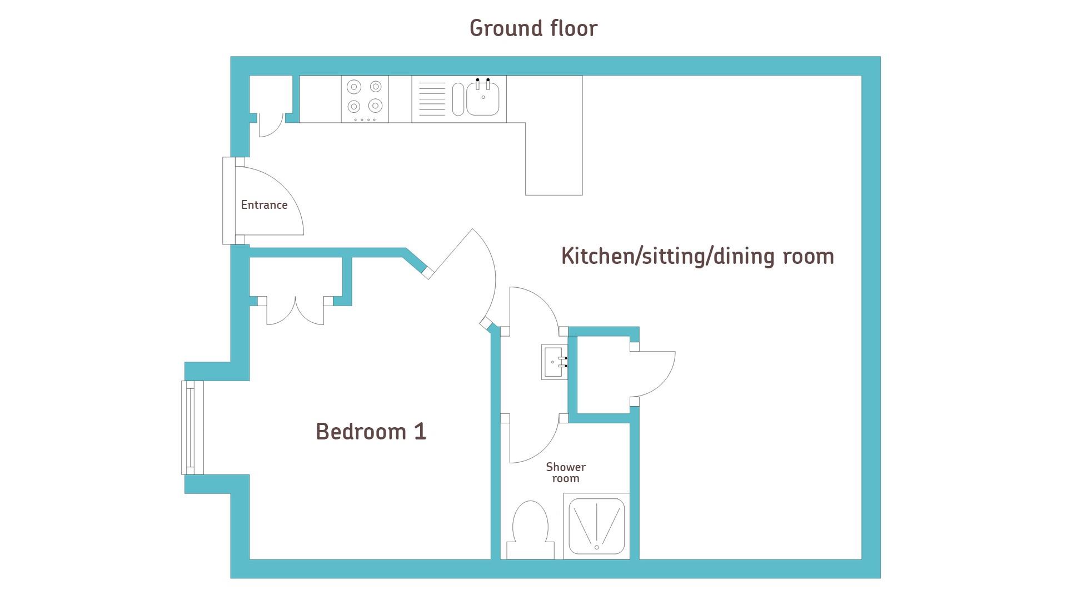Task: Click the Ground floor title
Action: [x=533, y=28]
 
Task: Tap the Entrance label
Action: [x=264, y=204]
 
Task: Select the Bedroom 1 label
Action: [x=371, y=431]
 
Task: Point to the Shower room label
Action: [x=566, y=472]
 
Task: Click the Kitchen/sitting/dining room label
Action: [x=697, y=256]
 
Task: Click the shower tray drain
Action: [x=597, y=547]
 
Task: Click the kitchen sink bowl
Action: [x=482, y=98]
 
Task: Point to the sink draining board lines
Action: [x=432, y=99]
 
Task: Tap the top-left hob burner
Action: [x=354, y=87]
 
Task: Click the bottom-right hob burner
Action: [x=376, y=105]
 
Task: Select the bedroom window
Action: [x=193, y=428]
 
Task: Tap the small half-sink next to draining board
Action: [x=458, y=99]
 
